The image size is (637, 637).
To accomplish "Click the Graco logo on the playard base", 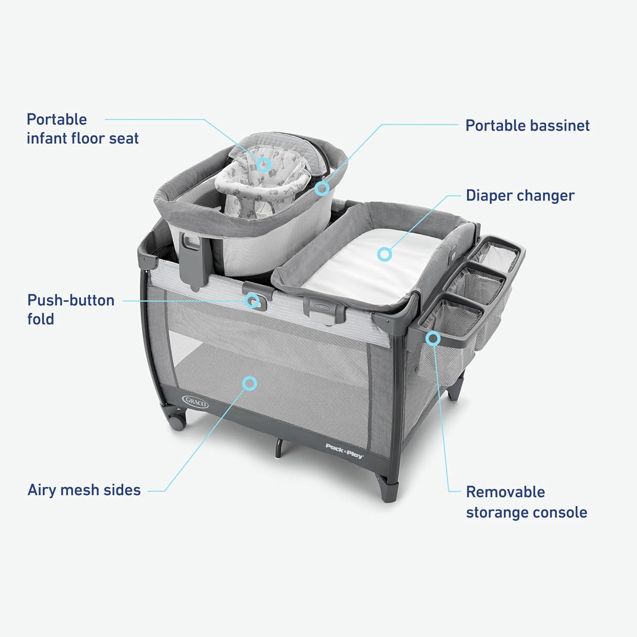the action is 195,402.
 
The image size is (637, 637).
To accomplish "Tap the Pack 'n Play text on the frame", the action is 344,451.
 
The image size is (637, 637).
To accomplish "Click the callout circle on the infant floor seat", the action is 264,164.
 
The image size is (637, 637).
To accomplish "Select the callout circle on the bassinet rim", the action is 322,188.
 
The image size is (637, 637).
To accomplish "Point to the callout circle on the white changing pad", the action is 384,254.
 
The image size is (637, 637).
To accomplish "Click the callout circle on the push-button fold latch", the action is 253,301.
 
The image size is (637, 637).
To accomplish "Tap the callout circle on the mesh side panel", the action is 249,384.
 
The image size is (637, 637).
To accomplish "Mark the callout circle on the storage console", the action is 433,338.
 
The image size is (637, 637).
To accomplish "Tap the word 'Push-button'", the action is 71,300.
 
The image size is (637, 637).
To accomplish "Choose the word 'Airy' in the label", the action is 41,490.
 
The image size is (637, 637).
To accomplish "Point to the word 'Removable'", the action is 506,492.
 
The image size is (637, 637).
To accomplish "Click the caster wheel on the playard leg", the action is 177,422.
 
